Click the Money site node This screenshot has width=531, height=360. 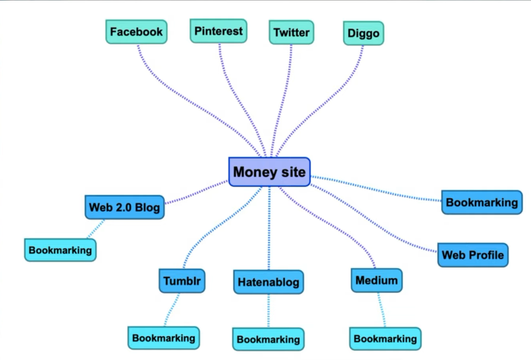269,172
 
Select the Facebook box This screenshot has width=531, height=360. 136,32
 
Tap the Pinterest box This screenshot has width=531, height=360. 218,31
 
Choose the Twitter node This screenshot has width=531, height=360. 291,32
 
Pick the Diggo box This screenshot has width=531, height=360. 363,34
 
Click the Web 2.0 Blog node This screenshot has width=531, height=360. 124,207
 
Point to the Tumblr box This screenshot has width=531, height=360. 182,280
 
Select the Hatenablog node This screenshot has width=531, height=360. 269,282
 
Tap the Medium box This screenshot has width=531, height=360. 377,280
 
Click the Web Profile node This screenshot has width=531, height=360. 473,255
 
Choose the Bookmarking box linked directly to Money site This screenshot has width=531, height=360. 482,203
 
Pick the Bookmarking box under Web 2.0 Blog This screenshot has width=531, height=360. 60,250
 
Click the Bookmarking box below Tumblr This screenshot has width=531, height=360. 163,338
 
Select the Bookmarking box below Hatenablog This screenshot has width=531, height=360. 268,339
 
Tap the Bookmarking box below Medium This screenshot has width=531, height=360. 385,339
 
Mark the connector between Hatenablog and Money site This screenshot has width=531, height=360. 269,230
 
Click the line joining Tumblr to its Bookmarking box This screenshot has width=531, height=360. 172,310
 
